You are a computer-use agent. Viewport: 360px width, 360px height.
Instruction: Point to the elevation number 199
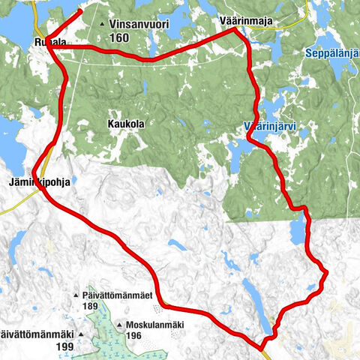[x=64, y=346]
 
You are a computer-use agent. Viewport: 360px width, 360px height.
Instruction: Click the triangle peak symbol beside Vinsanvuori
[x=102, y=25]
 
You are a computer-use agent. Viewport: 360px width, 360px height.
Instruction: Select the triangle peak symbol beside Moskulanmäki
[x=120, y=325]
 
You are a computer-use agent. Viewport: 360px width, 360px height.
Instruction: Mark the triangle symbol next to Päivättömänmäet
[x=76, y=297]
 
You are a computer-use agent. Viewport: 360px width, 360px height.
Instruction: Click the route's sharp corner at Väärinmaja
[x=235, y=31]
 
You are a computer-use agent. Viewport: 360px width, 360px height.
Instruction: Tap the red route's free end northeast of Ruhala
[x=80, y=13]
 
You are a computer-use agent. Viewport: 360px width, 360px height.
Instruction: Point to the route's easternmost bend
[x=326, y=270]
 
